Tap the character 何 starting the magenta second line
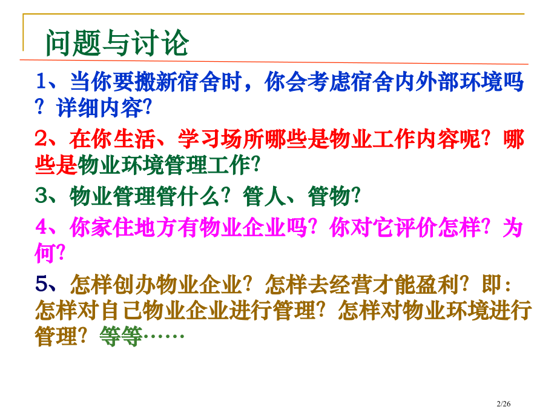[44, 254]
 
